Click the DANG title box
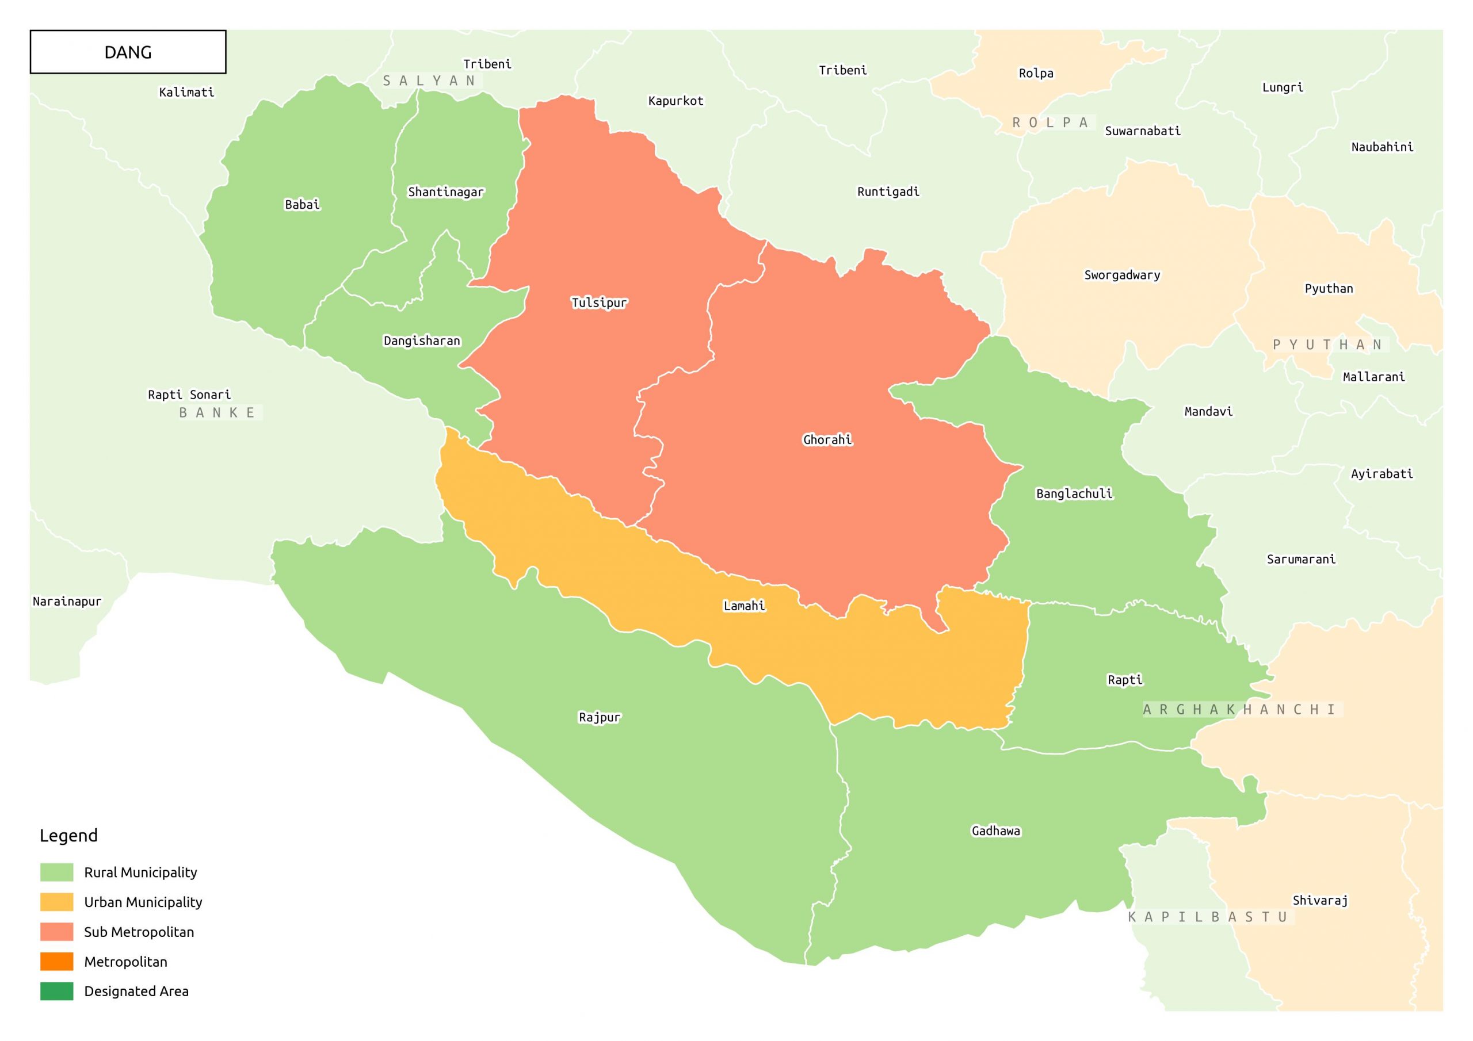coord(128,52)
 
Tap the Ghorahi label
coord(827,440)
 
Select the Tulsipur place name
coord(598,303)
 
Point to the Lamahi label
coord(743,606)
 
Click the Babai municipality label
coord(302,205)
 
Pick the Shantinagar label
coord(446,192)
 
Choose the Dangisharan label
coord(422,340)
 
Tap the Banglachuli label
coord(1074,493)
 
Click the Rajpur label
coord(599,717)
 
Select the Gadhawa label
coord(995,830)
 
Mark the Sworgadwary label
coord(1121,275)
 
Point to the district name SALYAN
coord(429,81)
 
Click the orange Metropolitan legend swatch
coord(56,962)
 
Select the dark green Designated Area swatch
coord(56,991)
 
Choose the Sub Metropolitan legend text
coord(139,932)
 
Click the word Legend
coord(68,835)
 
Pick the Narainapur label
coord(67,601)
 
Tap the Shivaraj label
coord(1319,900)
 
